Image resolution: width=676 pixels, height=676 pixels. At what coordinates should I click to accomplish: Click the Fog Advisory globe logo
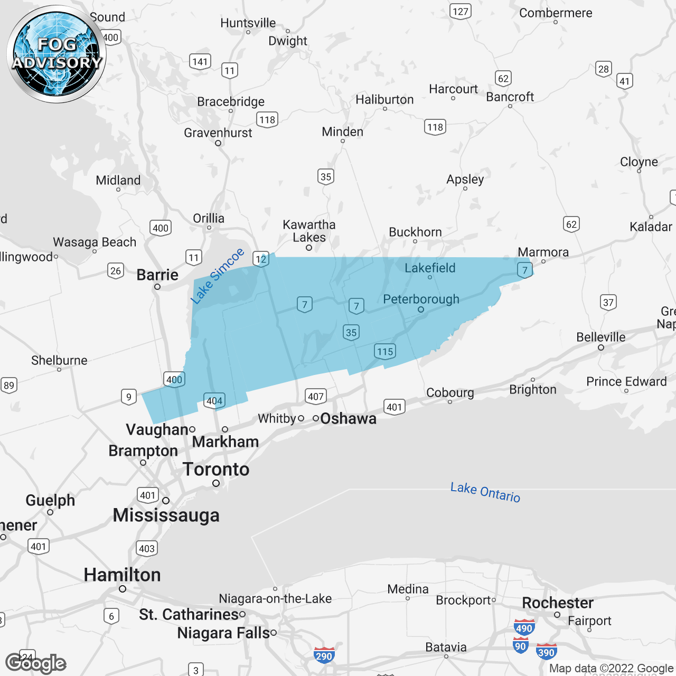[x=57, y=54]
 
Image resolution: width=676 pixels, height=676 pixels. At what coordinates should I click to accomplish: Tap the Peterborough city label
[x=421, y=299]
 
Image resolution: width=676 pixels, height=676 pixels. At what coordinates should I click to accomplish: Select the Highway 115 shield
[x=385, y=352]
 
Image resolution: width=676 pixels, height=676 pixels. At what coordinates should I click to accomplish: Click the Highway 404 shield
[x=214, y=401]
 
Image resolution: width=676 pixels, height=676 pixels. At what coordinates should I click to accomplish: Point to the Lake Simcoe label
[x=217, y=276]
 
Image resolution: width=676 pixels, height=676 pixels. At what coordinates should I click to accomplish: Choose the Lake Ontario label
[x=485, y=492]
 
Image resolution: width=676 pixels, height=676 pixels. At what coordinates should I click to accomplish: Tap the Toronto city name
[x=216, y=470]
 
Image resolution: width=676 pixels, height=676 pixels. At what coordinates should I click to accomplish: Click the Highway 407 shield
[x=316, y=396]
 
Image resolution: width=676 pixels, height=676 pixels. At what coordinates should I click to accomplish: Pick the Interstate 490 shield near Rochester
[x=524, y=627]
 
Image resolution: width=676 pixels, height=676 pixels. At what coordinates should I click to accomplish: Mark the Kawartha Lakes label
[x=309, y=231]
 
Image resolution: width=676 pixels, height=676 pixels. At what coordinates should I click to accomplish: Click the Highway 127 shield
[x=461, y=12]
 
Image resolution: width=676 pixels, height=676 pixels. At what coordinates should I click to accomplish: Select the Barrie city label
[x=157, y=275]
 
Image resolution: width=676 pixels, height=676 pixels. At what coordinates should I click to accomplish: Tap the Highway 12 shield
[x=261, y=259]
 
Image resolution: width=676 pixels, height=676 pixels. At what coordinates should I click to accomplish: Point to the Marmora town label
[x=543, y=252]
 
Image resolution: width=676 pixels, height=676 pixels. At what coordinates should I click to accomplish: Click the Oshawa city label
[x=348, y=419]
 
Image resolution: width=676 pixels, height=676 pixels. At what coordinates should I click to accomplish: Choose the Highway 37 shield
[x=608, y=303]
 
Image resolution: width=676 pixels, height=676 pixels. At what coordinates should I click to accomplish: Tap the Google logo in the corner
[x=35, y=664]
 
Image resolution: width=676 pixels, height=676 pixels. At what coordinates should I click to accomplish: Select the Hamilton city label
[x=122, y=575]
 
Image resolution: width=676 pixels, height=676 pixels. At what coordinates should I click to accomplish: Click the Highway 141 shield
[x=200, y=62]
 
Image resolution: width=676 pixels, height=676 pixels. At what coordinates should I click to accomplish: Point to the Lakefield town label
[x=430, y=268]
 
